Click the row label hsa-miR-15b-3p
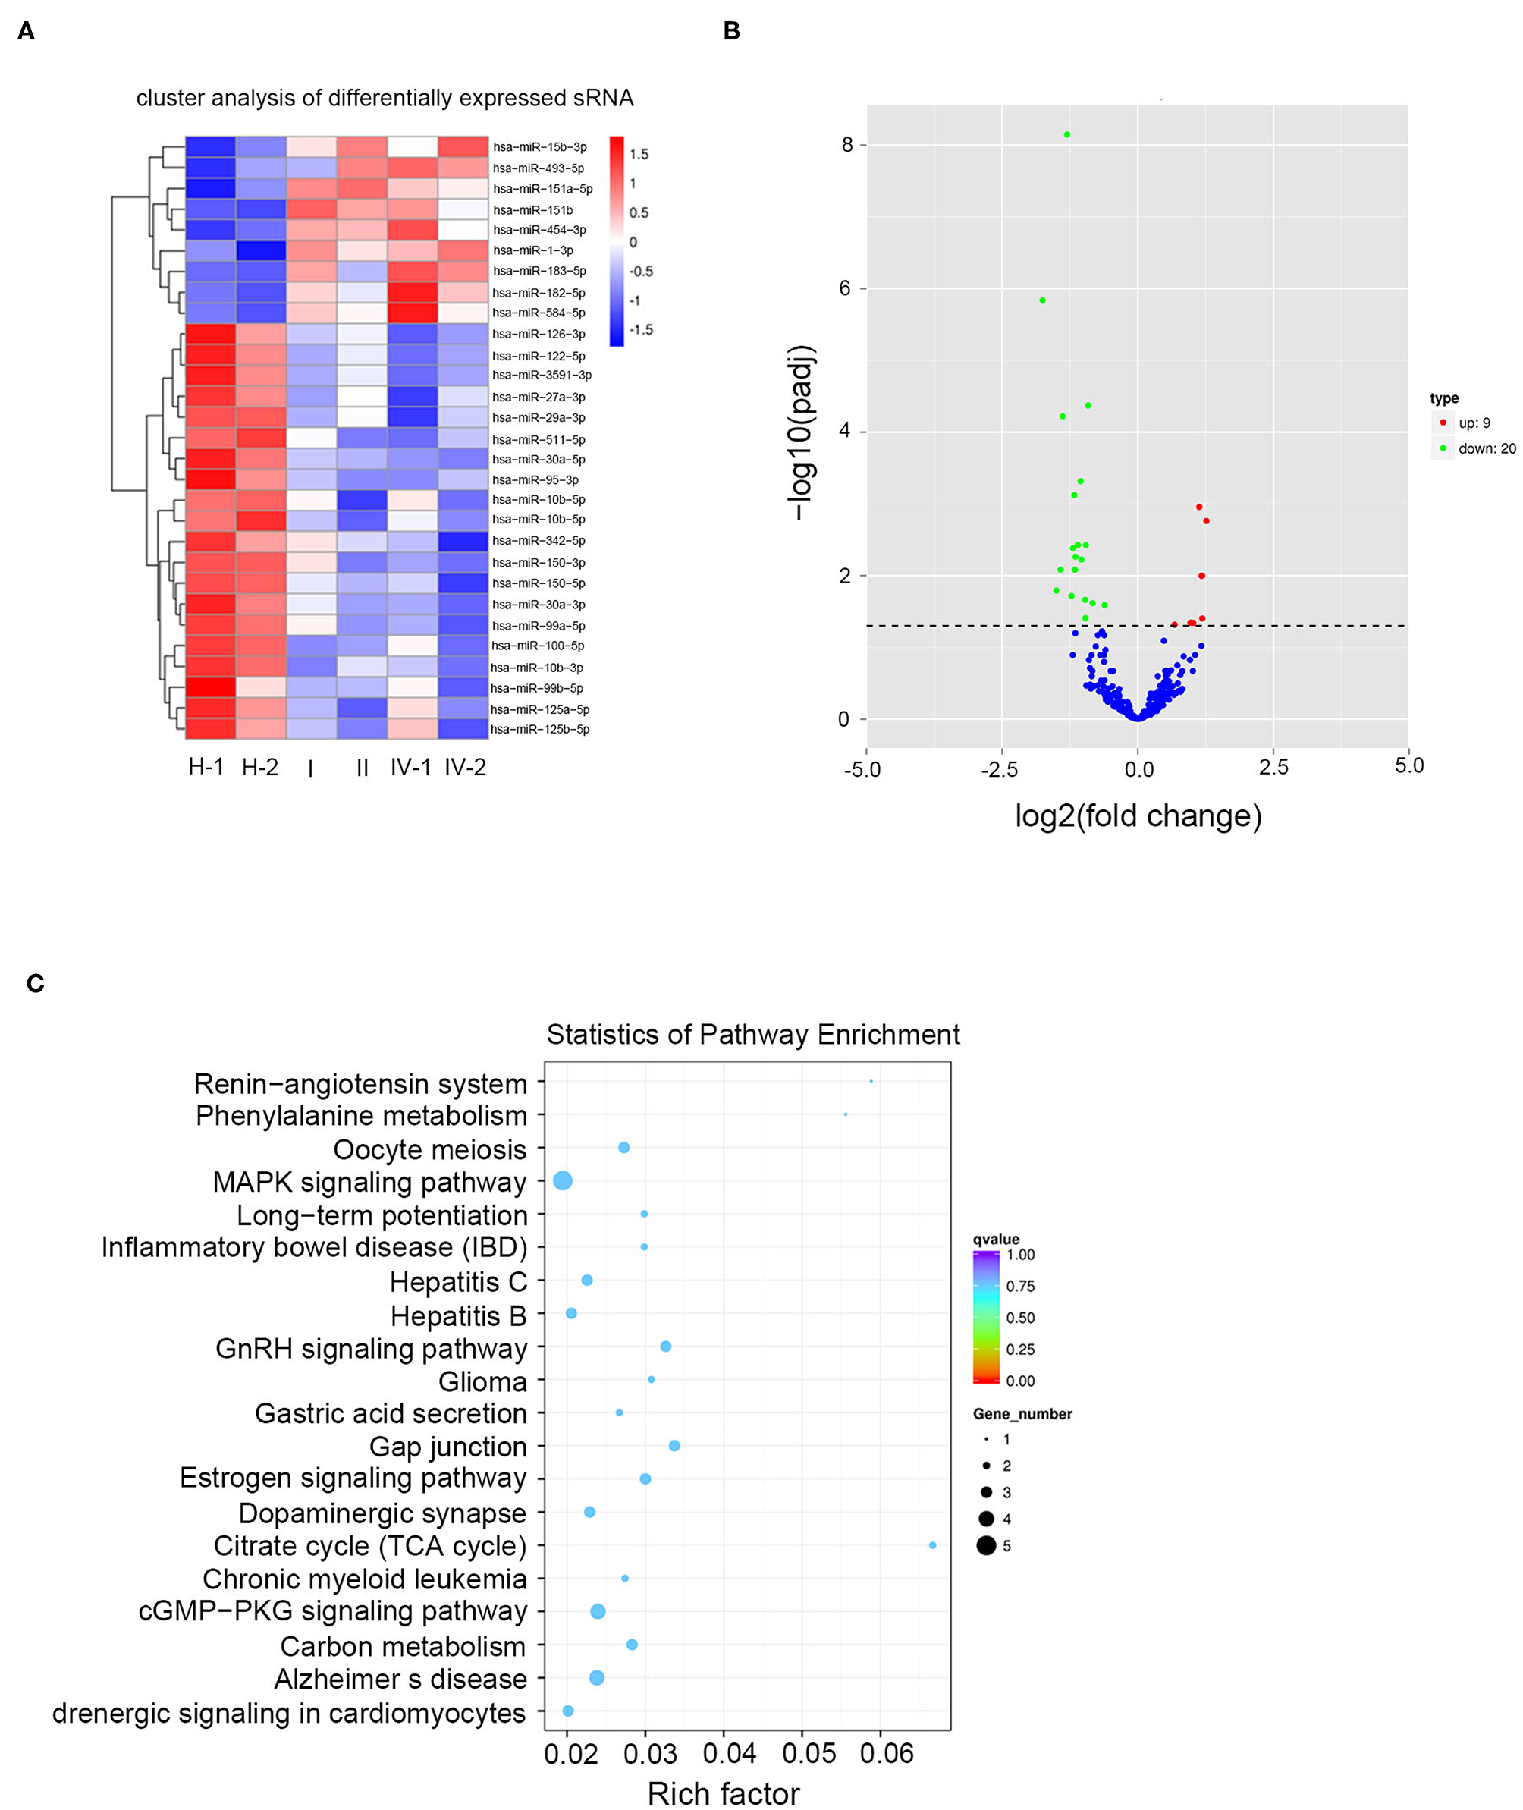pos(539,147)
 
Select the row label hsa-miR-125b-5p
pos(539,730)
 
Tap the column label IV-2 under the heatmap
pos(466,767)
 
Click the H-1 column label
pos(206,766)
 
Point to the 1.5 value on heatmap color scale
pos(639,155)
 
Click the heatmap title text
pos(385,99)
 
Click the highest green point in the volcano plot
pos(1067,135)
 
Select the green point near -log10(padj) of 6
pos(1043,300)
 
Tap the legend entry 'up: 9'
pos(1474,423)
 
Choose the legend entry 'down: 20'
pos(1486,449)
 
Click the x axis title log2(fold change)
pos(1138,816)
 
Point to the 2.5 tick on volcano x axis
pos(1273,767)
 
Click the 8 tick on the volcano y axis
pos(847,145)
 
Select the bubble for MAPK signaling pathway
pos(563,1180)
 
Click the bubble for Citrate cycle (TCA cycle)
pos(932,1545)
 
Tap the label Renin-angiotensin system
pos(360,1084)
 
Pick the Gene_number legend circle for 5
pos(986,1546)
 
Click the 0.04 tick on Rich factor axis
pos(730,1754)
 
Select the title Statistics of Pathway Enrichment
pos(753,1035)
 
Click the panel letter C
pos(36,984)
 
